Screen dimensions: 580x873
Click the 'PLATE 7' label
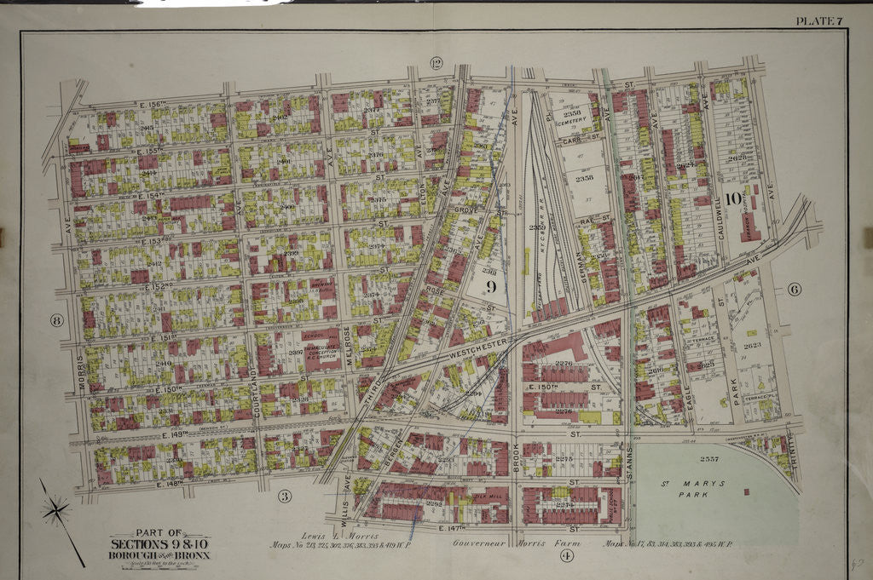pyautogui.click(x=818, y=20)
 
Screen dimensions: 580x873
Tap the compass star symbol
pyautogui.click(x=57, y=511)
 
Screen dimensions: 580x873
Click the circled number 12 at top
pyautogui.click(x=436, y=63)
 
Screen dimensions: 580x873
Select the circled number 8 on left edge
pyautogui.click(x=57, y=320)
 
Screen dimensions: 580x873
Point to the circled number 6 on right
pyautogui.click(x=794, y=289)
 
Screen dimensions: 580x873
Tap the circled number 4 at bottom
pyautogui.click(x=565, y=556)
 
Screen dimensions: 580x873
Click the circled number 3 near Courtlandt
pyautogui.click(x=286, y=496)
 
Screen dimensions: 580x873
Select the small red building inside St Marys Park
pyautogui.click(x=747, y=491)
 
